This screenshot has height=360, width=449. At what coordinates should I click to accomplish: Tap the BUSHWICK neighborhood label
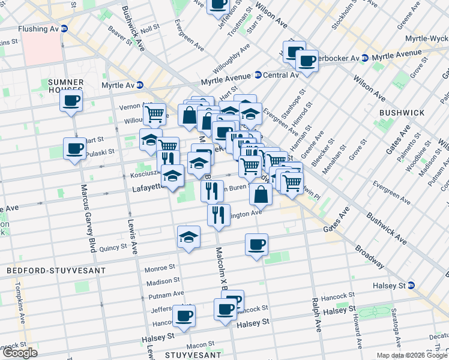(402, 112)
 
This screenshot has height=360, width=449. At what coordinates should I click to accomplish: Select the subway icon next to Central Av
(258, 75)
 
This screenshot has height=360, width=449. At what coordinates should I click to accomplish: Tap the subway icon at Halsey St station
(411, 285)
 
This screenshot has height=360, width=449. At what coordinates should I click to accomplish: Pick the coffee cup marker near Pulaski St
(76, 148)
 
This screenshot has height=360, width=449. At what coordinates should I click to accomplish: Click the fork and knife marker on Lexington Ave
(218, 214)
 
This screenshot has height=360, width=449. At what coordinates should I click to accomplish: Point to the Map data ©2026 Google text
(411, 355)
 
